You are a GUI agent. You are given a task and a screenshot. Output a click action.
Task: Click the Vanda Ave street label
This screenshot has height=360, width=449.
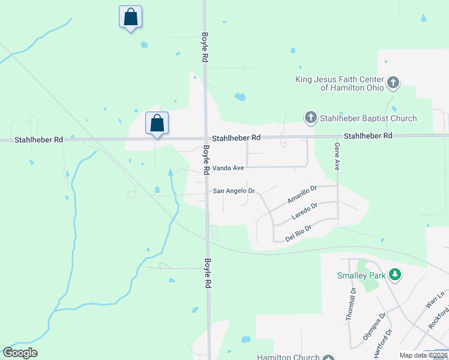[x=227, y=169]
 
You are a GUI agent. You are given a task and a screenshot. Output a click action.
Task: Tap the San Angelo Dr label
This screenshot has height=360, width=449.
[x=234, y=191]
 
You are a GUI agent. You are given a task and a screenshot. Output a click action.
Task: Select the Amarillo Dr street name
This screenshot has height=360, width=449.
[x=301, y=193]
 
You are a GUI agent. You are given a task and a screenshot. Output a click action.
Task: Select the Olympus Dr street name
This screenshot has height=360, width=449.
[x=373, y=326]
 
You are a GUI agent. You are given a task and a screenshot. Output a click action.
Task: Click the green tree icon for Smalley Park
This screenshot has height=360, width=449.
[x=394, y=275]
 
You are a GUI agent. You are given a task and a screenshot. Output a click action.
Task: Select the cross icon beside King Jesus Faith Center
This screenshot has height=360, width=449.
[x=393, y=82]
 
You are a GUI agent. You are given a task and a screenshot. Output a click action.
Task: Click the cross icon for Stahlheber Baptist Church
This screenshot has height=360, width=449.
[x=311, y=118]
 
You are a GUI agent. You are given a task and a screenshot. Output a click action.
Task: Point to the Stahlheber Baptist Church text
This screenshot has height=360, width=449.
[x=368, y=118]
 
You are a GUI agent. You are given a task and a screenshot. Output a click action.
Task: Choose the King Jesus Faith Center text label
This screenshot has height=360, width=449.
[x=340, y=83]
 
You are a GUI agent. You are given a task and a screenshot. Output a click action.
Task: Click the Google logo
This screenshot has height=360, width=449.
[x=20, y=353]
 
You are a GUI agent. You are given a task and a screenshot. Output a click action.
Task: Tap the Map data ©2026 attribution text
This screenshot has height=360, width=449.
[x=423, y=355]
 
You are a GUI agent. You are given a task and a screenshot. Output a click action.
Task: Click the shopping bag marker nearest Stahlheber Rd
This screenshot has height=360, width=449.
[x=157, y=123]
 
